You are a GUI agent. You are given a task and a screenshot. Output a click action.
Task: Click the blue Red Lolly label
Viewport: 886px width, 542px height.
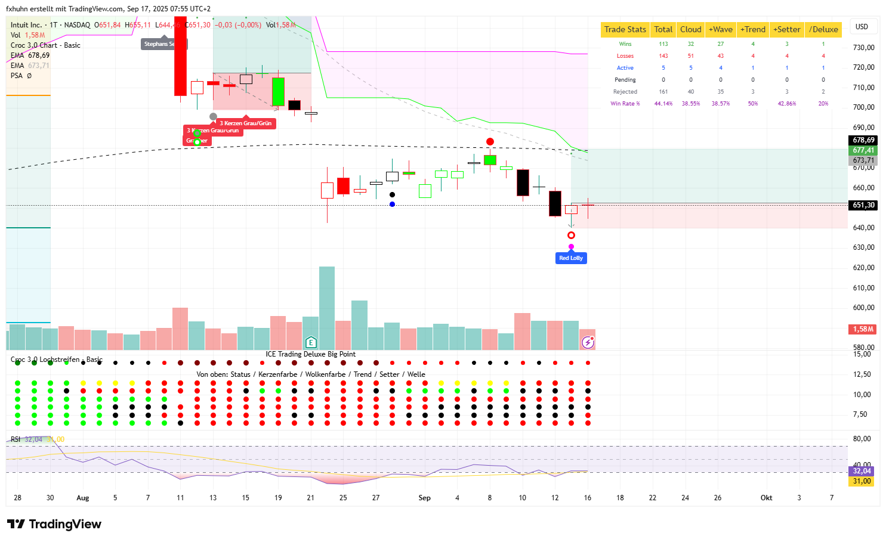point(571,258)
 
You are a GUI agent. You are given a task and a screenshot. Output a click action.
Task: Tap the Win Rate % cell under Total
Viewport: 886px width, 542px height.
point(663,104)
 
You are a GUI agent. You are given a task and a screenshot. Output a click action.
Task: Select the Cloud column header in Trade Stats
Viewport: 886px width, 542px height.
point(690,29)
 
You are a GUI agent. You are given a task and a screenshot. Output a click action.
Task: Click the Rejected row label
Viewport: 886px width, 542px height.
point(625,92)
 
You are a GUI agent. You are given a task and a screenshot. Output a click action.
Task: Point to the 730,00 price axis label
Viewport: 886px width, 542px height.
point(863,48)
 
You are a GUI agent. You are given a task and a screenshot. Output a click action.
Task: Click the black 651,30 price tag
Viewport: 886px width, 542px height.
point(863,205)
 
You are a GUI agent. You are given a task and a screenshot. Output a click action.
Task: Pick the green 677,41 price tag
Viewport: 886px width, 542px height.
point(863,150)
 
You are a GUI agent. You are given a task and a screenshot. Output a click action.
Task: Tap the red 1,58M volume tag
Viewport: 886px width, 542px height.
point(863,329)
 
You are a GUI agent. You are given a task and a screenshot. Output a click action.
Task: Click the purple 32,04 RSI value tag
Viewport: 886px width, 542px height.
point(862,471)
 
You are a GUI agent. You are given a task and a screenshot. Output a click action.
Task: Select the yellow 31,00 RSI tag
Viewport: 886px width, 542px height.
point(862,481)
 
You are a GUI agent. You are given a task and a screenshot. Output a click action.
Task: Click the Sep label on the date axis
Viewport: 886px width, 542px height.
point(424,498)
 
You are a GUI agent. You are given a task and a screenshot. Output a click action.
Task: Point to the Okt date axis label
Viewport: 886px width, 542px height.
point(766,498)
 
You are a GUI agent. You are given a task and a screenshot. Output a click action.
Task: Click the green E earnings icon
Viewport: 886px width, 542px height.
point(311,342)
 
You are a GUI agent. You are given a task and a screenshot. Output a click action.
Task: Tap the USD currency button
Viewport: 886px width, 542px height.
point(862,27)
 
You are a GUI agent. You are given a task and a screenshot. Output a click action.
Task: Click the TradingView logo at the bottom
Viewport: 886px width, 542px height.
point(54,524)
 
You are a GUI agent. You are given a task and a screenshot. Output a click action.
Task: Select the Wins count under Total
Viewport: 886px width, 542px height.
point(663,44)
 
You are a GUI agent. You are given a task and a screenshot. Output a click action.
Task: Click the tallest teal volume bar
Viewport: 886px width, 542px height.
point(327,308)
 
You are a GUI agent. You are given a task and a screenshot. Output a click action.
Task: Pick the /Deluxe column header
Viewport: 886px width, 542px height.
point(823,29)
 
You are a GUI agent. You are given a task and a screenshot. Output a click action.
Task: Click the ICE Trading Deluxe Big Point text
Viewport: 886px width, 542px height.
point(310,354)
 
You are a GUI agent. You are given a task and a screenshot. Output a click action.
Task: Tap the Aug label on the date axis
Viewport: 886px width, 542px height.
point(83,498)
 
